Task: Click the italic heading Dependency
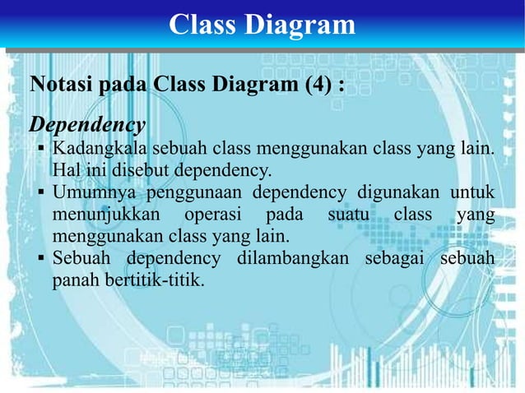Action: [88, 125]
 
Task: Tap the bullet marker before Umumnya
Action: [41, 194]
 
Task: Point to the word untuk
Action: [471, 193]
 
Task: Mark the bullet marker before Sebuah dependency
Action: [41, 260]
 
